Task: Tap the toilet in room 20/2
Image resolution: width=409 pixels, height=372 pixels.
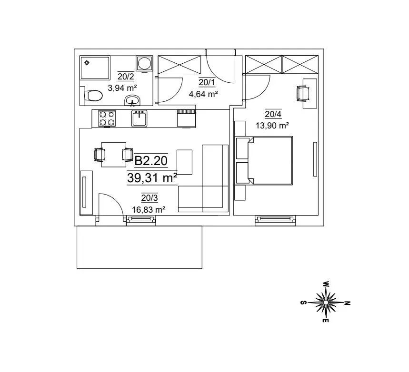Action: point(93,96)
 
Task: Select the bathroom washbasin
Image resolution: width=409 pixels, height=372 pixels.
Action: point(132,100)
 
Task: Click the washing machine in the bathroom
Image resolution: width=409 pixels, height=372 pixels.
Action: point(144,63)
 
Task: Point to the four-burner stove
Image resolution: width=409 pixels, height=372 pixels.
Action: point(107,118)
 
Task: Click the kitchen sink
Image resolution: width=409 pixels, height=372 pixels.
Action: point(139,118)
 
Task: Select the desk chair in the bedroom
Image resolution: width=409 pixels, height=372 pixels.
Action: point(303,93)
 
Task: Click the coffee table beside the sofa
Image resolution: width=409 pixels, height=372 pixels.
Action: point(185,162)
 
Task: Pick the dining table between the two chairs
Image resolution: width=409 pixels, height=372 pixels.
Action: point(114,154)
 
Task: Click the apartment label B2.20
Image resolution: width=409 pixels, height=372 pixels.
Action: point(151,161)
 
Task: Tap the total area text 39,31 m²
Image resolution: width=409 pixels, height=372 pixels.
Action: point(152,178)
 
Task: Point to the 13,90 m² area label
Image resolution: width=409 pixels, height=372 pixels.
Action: point(273,126)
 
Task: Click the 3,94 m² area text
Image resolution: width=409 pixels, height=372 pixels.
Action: point(122,88)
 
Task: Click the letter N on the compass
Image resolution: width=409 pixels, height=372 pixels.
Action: point(348,303)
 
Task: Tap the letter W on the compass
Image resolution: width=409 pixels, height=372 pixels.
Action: point(326,284)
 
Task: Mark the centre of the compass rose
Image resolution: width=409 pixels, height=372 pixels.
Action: point(326,303)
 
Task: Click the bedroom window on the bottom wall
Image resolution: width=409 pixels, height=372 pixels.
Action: point(276,219)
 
